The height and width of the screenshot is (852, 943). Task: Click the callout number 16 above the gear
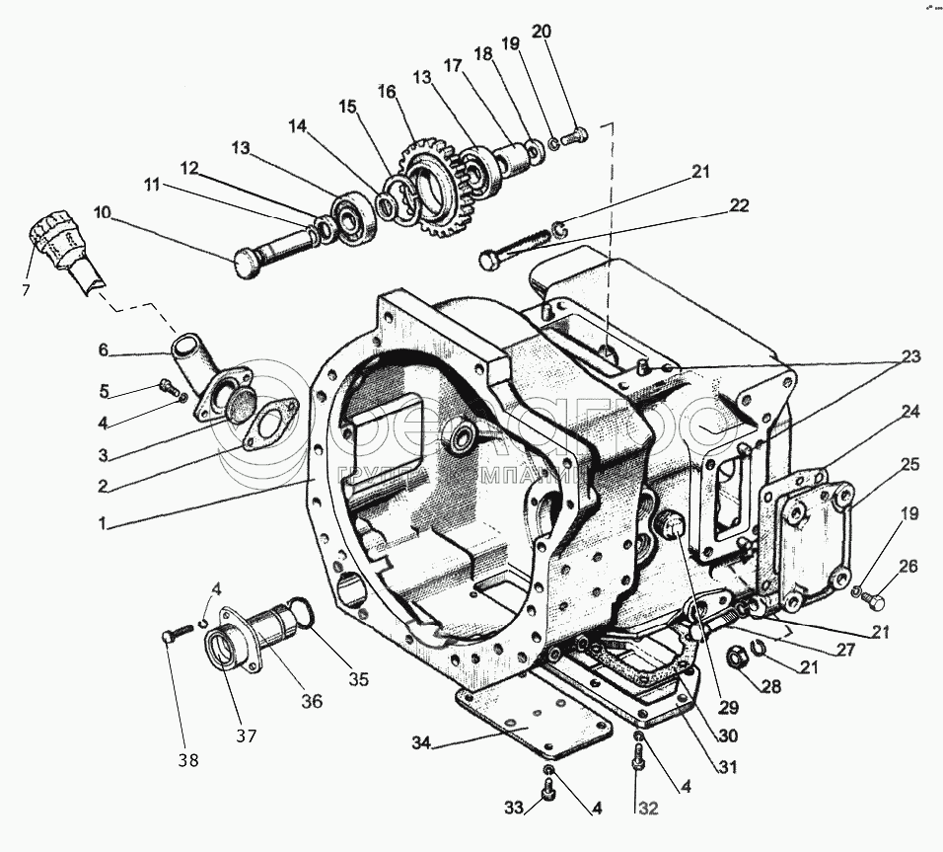coord(385,91)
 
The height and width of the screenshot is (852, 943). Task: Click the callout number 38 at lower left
coord(187,760)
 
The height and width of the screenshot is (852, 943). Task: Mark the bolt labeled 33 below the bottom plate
coord(549,787)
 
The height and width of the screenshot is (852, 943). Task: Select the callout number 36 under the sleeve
coord(312,702)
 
